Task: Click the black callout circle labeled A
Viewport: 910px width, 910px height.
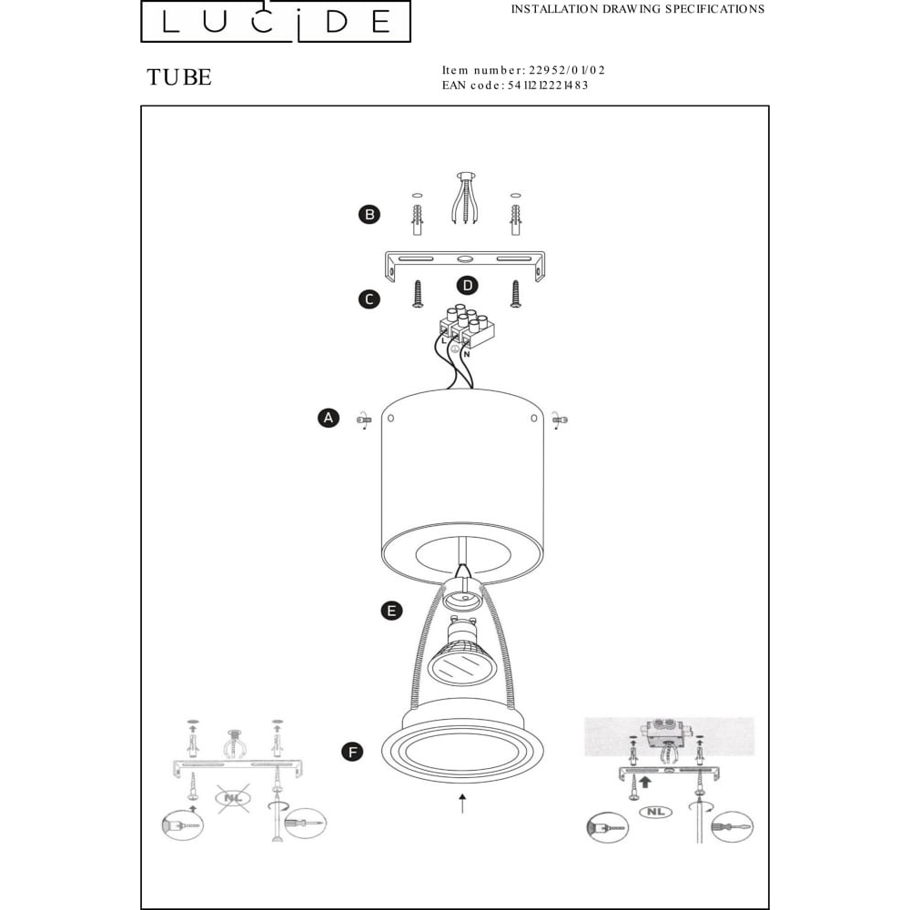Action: click(329, 418)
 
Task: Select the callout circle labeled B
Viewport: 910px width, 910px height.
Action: click(369, 214)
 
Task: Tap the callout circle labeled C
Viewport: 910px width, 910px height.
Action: click(369, 299)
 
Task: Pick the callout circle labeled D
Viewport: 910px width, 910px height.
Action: click(467, 285)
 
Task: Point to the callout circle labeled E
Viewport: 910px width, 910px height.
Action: click(391, 611)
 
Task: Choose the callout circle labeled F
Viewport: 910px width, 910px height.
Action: click(352, 753)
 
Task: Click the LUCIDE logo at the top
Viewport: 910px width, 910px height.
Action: click(276, 22)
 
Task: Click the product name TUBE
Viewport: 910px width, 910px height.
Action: click(179, 77)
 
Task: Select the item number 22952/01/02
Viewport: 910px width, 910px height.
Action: click(566, 70)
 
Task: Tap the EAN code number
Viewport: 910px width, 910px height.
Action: click(548, 86)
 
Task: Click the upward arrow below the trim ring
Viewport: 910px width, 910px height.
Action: click(462, 804)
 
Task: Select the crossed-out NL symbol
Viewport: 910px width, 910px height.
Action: click(233, 798)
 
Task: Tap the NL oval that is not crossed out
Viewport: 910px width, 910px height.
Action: click(656, 812)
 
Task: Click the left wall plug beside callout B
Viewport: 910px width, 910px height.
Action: click(418, 219)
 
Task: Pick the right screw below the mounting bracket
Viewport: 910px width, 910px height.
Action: click(515, 294)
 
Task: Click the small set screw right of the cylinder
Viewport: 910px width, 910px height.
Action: click(560, 420)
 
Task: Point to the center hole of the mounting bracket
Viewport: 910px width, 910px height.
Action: click(464, 258)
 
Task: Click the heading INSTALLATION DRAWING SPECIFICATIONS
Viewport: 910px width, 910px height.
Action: click(638, 9)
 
